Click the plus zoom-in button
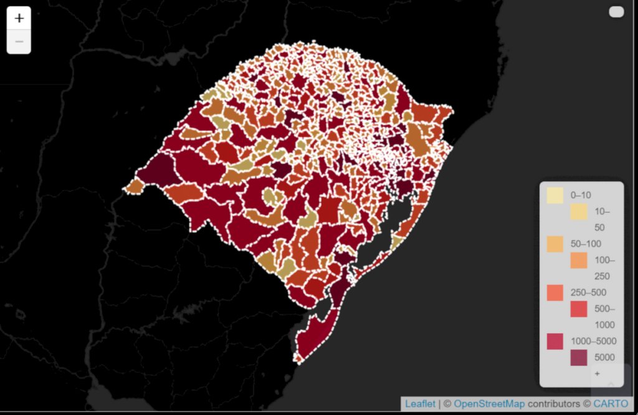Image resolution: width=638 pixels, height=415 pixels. pos(19,19)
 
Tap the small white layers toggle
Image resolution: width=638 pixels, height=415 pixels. pos(616,12)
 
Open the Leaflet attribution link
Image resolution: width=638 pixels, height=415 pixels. pos(420,404)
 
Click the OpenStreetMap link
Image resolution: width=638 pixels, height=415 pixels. pos(489,404)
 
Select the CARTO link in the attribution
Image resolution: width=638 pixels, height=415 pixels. pos(611,404)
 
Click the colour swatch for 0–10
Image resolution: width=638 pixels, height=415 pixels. pos(555,195)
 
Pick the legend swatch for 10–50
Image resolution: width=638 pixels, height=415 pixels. pos(578,211)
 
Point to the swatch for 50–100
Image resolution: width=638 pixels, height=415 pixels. pos(555,244)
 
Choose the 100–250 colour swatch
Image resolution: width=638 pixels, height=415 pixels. pos(578,260)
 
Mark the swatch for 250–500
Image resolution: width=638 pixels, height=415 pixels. pos(555,292)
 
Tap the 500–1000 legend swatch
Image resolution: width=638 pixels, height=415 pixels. pos(578,308)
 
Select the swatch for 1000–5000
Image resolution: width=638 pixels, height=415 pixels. pos(555,341)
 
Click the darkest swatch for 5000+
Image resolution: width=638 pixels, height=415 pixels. pos(578,357)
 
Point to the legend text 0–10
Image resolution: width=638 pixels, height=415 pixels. pos(581,195)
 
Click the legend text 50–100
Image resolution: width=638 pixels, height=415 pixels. pos(586,244)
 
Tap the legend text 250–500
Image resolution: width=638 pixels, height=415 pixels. pos(588,292)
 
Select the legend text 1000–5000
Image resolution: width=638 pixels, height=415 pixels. pos(593,341)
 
